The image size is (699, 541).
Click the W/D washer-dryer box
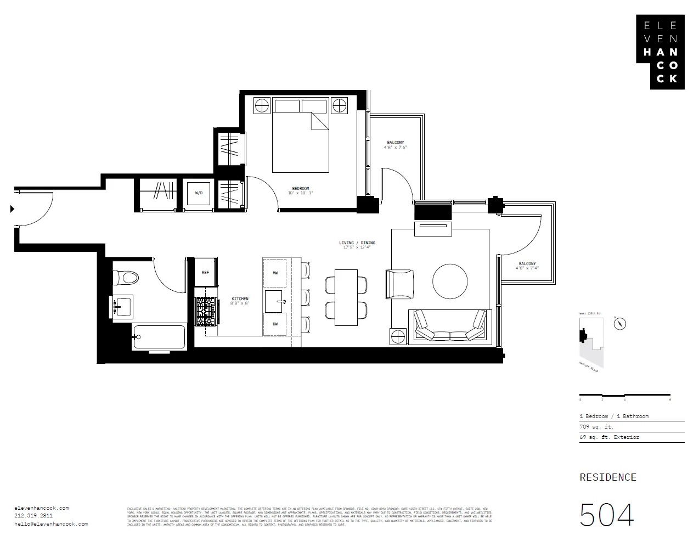coord(198,193)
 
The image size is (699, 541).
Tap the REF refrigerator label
coord(205,272)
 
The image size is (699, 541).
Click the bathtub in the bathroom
coord(159,337)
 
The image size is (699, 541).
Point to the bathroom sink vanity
coord(123,306)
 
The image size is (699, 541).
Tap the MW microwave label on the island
coord(275,273)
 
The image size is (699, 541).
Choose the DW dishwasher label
coord(275,324)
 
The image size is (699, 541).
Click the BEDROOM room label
coord(301,189)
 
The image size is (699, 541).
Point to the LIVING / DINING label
coord(357,243)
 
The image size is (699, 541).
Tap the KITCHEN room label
coord(240,299)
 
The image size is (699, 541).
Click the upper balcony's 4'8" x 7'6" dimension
coord(395,147)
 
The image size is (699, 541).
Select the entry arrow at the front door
coord(12,208)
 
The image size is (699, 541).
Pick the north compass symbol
coord(620,323)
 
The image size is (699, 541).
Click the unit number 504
coord(607,515)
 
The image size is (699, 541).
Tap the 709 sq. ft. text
coord(596,427)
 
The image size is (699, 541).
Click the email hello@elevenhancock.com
coord(51,524)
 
